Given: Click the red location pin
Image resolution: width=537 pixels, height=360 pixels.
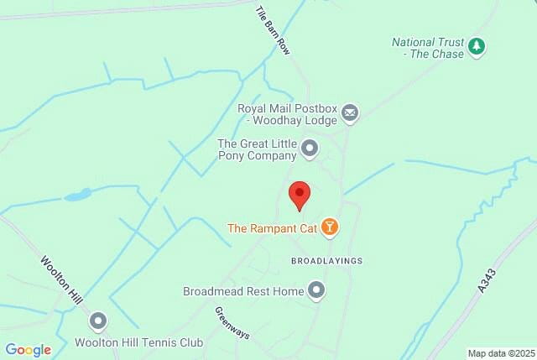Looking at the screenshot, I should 300,196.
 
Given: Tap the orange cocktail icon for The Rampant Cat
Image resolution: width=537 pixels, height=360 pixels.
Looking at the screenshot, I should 331,227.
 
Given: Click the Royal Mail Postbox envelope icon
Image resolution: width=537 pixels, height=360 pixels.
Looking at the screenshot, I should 350,112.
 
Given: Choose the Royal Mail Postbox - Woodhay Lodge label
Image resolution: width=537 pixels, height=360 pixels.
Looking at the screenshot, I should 286,114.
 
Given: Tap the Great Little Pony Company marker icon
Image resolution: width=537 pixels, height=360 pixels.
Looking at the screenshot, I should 310,149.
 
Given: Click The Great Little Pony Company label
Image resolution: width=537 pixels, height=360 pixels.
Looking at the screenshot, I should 257,149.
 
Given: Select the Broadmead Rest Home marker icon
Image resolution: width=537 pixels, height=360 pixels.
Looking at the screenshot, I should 316,291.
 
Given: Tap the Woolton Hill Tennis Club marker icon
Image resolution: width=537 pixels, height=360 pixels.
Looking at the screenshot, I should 99,321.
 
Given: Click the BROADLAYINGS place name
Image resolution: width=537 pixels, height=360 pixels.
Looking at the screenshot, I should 326,261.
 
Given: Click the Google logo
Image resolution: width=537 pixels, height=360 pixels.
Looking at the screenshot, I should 28,350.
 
